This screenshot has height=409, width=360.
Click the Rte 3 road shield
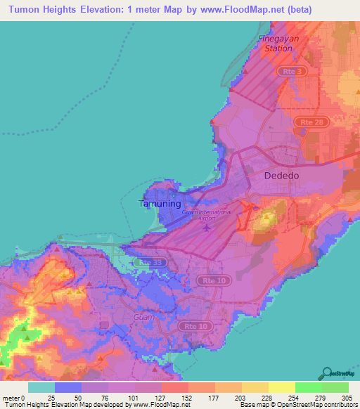coord(289,72)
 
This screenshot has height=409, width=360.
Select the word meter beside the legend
coord(12,398)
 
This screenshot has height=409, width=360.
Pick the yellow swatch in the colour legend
coord(282,387)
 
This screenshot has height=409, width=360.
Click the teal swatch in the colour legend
coord(41,387)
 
